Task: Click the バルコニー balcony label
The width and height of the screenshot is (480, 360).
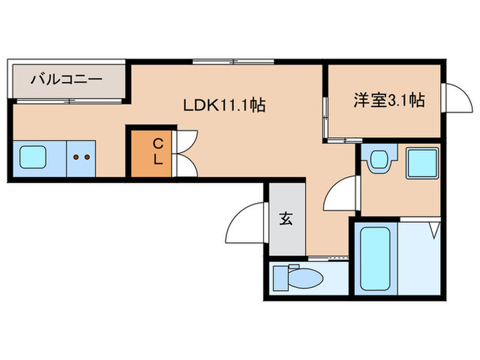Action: pyautogui.click(x=67, y=80)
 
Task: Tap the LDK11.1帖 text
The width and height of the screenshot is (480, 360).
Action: pyautogui.click(x=224, y=105)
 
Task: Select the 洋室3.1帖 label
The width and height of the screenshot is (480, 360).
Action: pyautogui.click(x=389, y=101)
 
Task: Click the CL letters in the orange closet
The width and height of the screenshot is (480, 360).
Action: pyautogui.click(x=157, y=152)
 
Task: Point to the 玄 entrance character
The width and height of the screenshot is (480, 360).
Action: pyautogui.click(x=286, y=219)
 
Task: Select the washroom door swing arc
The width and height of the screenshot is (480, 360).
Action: pyautogui.click(x=339, y=194)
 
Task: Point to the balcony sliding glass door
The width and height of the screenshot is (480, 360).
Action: pyautogui.click(x=69, y=101)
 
